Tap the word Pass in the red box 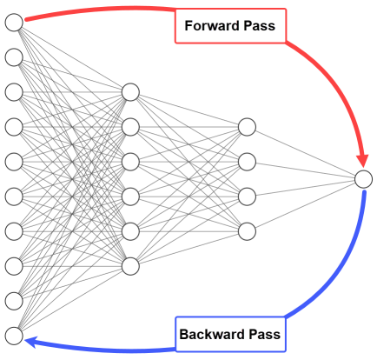[x=260, y=26]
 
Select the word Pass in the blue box [x=265, y=334]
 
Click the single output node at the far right [x=363, y=179]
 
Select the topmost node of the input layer [x=14, y=23]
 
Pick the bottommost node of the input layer [x=14, y=336]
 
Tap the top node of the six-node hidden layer [x=130, y=92]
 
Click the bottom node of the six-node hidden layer [x=130, y=266]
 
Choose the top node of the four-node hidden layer [x=247, y=127]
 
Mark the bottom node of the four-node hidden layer [x=247, y=231]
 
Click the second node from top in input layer [x=14, y=57]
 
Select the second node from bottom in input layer [x=14, y=301]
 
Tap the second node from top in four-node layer [x=247, y=162]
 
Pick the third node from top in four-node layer [x=247, y=197]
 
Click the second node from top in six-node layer [x=130, y=127]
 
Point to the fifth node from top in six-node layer [x=130, y=231]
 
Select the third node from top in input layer [x=14, y=92]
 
